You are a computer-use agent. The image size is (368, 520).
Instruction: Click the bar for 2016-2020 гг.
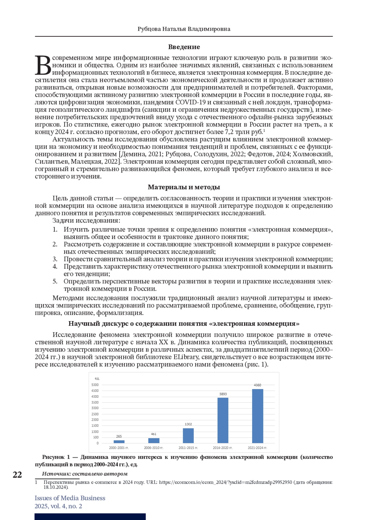[x=223, y=420]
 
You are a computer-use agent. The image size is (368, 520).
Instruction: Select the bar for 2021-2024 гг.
[x=258, y=416]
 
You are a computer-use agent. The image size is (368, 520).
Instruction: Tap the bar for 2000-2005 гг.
[x=119, y=442]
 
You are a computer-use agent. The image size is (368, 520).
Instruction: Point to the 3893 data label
[x=223, y=394]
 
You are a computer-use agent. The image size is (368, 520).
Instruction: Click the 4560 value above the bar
[x=258, y=385]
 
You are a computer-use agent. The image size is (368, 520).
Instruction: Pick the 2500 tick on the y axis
[x=95, y=414]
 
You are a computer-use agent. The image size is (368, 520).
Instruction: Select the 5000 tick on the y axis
[x=95, y=385]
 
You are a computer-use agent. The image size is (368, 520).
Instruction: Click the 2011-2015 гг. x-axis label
[x=188, y=448]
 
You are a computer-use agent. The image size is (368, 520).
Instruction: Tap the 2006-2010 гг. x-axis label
[x=154, y=448]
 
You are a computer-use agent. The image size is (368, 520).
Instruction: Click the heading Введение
[x=184, y=47]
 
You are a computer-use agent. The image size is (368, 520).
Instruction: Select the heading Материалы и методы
[x=184, y=187]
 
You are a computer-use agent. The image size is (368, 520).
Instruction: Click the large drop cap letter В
[x=43, y=65]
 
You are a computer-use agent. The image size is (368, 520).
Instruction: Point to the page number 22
[x=17, y=475]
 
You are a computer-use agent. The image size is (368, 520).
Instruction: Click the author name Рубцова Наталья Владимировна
[x=184, y=29]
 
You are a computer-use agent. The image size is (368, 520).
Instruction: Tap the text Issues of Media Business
[x=70, y=498]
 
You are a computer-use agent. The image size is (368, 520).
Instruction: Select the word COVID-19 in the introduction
[x=187, y=102]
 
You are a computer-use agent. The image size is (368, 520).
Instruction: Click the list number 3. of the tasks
[x=55, y=259]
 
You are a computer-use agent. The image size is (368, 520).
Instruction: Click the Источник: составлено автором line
[x=85, y=474]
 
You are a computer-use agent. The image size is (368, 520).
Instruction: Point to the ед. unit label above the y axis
[x=97, y=379]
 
